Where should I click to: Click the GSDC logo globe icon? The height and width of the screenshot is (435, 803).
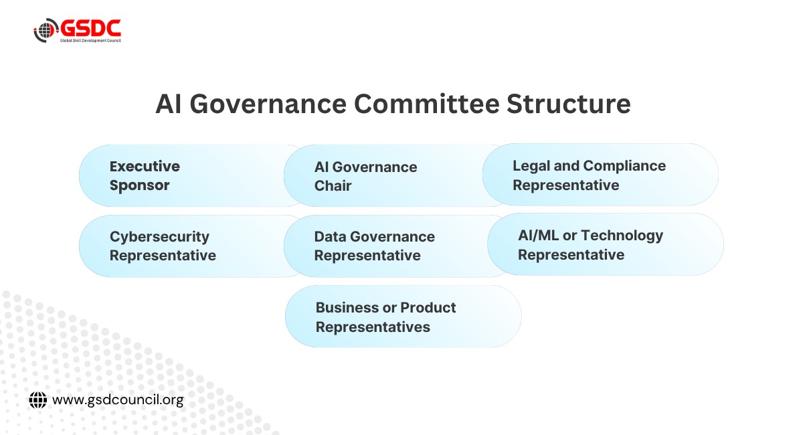(46, 30)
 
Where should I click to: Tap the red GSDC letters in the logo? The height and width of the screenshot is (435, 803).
(90, 28)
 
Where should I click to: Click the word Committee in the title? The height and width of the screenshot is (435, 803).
(427, 104)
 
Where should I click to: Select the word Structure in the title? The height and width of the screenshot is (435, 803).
(569, 104)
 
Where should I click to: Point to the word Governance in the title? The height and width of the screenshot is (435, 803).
(268, 104)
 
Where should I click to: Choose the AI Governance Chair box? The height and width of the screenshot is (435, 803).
(394, 175)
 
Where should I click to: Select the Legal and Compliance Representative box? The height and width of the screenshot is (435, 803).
(600, 175)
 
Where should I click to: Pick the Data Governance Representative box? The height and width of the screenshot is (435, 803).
(394, 246)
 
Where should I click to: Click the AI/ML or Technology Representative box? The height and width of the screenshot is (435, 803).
(606, 244)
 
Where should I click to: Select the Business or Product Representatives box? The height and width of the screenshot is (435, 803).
(404, 317)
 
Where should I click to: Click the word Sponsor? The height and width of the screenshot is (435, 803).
(139, 186)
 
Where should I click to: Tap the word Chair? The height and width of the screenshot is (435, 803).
(333, 186)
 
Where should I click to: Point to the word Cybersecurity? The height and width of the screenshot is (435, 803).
(159, 237)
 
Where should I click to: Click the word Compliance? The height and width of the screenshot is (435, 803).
(624, 166)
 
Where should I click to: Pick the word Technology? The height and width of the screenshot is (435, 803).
(622, 236)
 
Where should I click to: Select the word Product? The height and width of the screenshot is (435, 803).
(428, 307)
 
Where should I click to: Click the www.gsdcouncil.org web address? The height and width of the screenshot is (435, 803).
(118, 400)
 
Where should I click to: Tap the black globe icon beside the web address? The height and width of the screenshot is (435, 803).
(38, 400)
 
